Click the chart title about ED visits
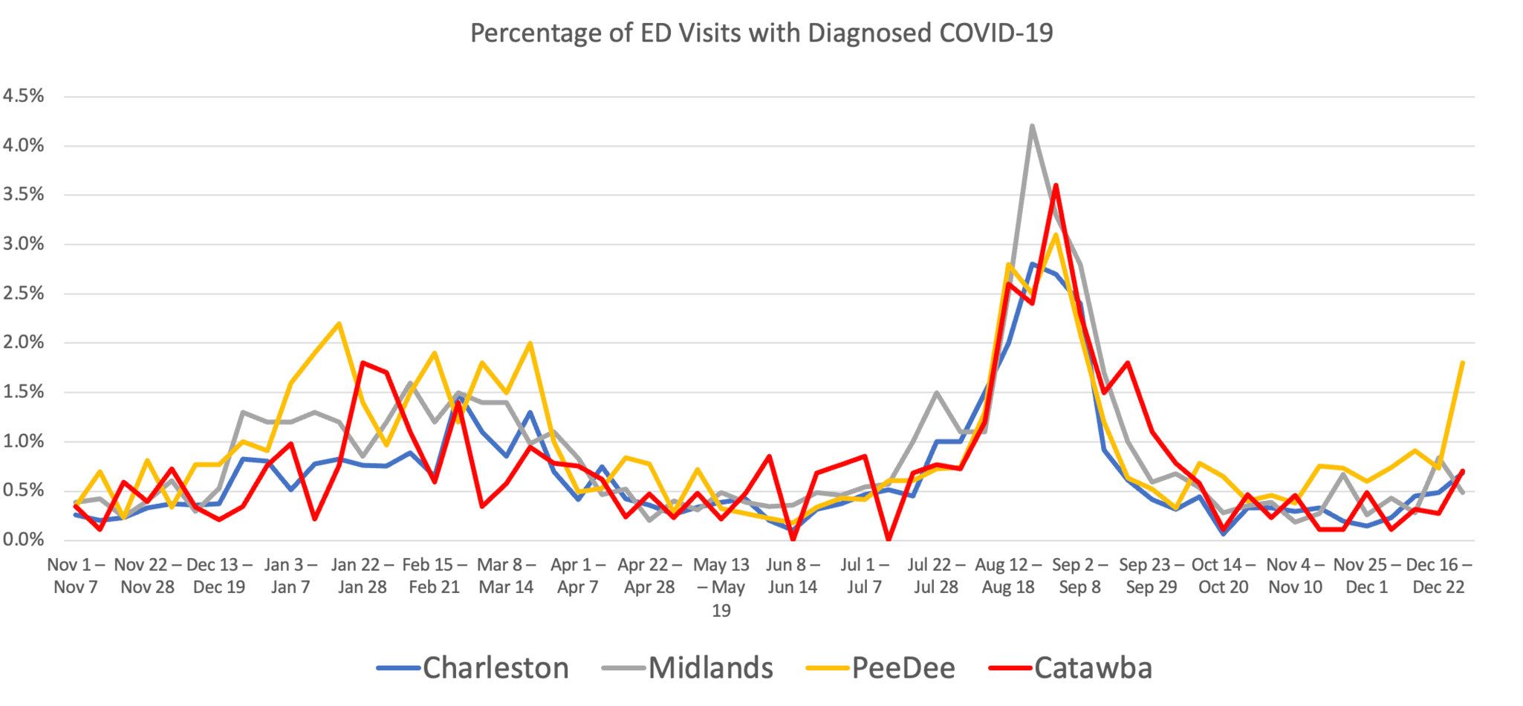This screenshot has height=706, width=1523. tap(761, 33)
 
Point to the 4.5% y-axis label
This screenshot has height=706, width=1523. tap(24, 96)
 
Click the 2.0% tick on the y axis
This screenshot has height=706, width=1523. tap(24, 343)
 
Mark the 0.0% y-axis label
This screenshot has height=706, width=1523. tap(24, 540)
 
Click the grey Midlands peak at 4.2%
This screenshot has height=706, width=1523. tap(1032, 126)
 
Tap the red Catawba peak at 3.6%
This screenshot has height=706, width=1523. tap(1056, 186)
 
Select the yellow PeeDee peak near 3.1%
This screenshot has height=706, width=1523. tap(1056, 235)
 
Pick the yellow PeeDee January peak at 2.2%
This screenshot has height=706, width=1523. tap(339, 323)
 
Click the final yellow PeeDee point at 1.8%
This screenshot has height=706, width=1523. tap(1462, 363)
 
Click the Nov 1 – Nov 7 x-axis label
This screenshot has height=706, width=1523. tap(76, 576)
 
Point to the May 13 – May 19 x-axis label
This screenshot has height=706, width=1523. tap(721, 587)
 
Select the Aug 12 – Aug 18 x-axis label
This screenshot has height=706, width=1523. tap(1007, 576)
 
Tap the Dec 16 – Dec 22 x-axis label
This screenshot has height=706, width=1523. tap(1438, 576)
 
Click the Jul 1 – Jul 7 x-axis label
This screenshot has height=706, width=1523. tap(864, 576)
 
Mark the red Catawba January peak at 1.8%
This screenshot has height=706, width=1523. tap(363, 363)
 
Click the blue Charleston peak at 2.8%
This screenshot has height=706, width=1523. tap(1032, 264)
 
